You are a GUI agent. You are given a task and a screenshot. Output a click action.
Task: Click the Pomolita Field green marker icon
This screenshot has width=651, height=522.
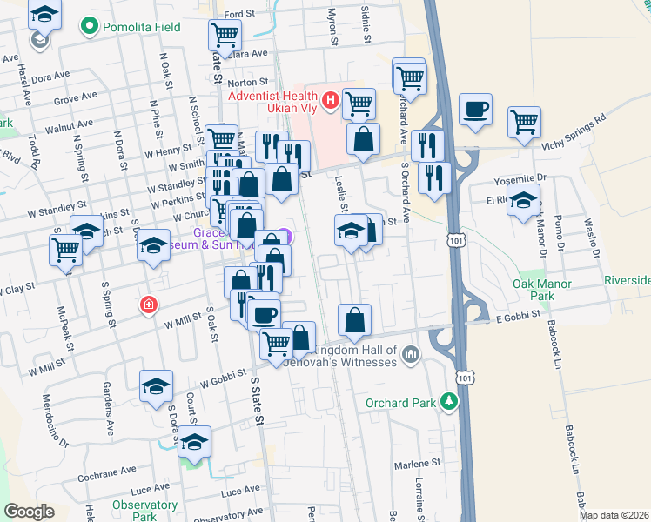pos(88,27)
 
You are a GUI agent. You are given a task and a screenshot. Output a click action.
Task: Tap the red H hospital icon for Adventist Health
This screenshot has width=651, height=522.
pos(330,102)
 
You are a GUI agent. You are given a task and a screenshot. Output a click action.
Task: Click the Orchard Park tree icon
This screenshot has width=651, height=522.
pos(448,402)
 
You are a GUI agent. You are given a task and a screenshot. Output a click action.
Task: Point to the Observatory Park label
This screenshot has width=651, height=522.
pos(144,511)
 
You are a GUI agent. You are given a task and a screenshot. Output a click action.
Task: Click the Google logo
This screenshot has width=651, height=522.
pos(28,512)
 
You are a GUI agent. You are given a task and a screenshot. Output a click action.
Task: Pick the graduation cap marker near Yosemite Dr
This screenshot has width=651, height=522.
pos(523,199)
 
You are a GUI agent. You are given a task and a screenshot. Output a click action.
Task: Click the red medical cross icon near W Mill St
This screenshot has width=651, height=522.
pos(149,305)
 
